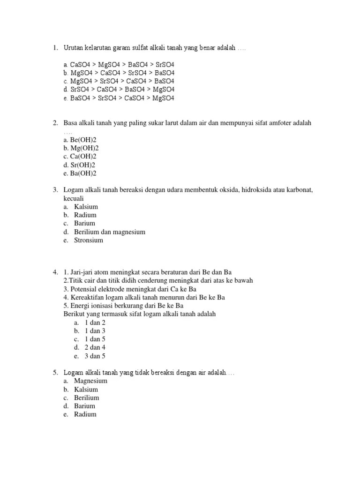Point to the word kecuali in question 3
click(x=74, y=198)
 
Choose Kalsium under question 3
click(x=86, y=207)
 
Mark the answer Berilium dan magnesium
click(x=110, y=232)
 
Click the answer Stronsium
click(x=89, y=240)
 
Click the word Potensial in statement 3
click(x=84, y=289)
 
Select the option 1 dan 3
click(x=95, y=331)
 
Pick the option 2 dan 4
click(x=95, y=347)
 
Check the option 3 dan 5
click(x=95, y=356)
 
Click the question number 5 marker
click(x=55, y=373)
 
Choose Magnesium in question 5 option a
click(x=90, y=381)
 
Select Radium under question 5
click(x=85, y=414)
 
